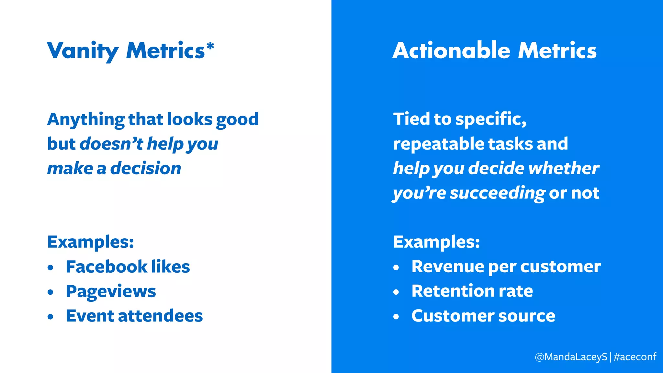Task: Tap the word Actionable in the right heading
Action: [x=451, y=51]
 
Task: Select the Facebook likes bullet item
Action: [x=128, y=267]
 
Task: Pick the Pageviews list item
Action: [x=111, y=291]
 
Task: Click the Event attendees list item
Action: [x=134, y=316]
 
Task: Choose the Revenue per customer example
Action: [x=506, y=267]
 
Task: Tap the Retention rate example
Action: [x=472, y=291]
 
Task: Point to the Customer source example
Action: [x=483, y=316]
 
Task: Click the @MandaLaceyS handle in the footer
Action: [x=571, y=357]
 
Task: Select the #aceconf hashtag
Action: [x=635, y=357]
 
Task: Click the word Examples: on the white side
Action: [x=91, y=242]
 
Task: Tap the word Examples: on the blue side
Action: [x=436, y=242]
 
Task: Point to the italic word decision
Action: [x=146, y=168]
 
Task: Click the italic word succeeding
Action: [x=498, y=193]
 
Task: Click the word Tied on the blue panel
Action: [x=411, y=119]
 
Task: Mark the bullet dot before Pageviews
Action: [x=50, y=292]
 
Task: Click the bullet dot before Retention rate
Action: [x=396, y=292]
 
